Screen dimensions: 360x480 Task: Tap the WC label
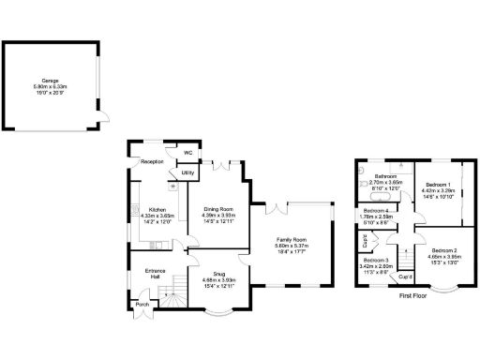click(x=187, y=152)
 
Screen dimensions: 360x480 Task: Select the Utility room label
click(x=187, y=173)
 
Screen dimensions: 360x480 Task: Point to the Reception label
click(x=153, y=161)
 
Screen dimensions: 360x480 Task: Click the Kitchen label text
click(x=157, y=209)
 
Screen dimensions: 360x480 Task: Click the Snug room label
click(x=218, y=274)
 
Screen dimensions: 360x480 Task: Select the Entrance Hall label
click(x=156, y=274)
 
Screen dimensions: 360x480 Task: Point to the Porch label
click(x=142, y=305)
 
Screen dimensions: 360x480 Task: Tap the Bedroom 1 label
click(x=437, y=185)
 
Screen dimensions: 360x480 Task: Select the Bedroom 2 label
click(x=442, y=251)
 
